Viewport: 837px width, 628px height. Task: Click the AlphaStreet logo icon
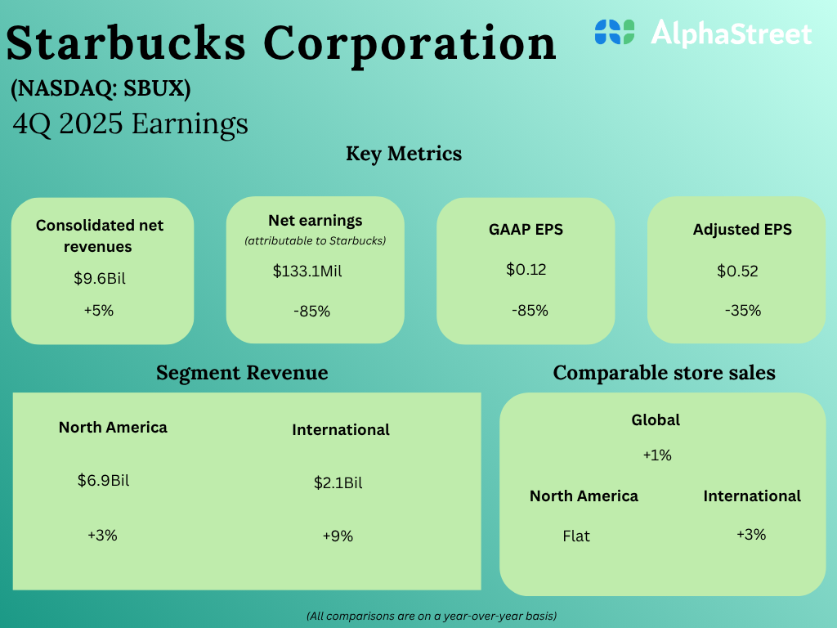615,32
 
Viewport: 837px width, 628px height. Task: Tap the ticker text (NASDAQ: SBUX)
101,89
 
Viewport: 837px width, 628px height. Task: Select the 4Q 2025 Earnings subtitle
131,123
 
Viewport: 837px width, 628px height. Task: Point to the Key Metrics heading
404,154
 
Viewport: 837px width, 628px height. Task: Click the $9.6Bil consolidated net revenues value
100,278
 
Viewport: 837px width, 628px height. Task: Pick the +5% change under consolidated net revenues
98,311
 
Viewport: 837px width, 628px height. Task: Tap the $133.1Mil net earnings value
307,271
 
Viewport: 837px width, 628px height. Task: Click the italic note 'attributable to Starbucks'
315,240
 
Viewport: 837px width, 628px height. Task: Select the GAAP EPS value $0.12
526,270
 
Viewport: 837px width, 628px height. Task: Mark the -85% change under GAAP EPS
530,311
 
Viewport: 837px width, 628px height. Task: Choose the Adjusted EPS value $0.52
737,271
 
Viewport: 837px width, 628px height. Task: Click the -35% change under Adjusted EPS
742,311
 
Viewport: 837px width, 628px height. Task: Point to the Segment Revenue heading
242,373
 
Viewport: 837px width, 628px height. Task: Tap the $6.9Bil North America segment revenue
103,480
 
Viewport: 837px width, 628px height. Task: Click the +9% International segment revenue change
338,536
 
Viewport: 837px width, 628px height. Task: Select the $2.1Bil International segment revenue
338,482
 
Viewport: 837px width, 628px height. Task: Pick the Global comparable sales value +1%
657,455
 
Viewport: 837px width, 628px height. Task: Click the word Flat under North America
576,536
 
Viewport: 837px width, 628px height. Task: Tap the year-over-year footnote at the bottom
432,615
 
